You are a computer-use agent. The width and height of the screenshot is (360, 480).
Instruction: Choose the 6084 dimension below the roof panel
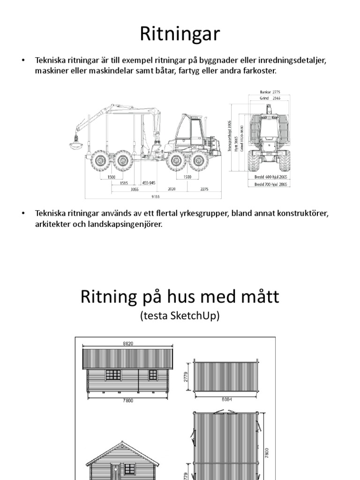[x=225, y=400]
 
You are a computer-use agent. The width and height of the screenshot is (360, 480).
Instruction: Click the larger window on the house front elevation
[x=113, y=375]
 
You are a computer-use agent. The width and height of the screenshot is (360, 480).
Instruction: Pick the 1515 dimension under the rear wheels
[x=124, y=184]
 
